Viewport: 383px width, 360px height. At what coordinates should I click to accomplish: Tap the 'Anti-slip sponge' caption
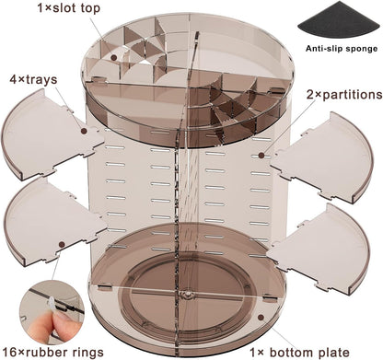[342, 49]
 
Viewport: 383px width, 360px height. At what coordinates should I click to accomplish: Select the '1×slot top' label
[69, 8]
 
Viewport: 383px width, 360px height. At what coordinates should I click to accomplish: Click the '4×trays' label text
[33, 80]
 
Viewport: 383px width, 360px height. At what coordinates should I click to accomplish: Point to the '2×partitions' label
[344, 95]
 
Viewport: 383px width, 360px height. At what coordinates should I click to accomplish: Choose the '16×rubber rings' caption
[52, 352]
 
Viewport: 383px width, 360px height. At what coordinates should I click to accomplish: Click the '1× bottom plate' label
[299, 353]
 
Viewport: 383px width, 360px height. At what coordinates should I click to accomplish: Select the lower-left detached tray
[53, 223]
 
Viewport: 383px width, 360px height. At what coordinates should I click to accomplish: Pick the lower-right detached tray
[320, 249]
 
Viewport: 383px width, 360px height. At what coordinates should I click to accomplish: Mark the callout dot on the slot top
[114, 57]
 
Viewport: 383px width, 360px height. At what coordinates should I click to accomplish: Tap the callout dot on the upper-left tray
[84, 131]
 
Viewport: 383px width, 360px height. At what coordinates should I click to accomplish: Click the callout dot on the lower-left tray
[62, 245]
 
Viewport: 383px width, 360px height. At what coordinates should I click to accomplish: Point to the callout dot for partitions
[261, 156]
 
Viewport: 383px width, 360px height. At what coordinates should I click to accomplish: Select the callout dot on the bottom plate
[261, 318]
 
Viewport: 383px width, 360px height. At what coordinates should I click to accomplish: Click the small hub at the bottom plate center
[186, 294]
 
